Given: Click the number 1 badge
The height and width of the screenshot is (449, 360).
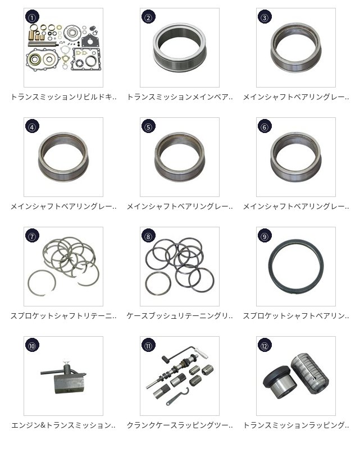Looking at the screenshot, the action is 32,17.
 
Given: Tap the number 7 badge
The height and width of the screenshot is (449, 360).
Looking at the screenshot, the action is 32,236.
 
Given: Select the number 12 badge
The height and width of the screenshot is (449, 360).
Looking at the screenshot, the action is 265,346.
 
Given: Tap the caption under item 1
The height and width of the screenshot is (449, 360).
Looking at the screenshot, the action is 63,97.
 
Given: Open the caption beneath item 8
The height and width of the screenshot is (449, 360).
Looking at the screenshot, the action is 180,316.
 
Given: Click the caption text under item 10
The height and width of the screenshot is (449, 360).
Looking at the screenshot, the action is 63,425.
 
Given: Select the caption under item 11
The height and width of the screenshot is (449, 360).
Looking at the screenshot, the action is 180,425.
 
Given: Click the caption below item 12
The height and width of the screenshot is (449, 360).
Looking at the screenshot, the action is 296,425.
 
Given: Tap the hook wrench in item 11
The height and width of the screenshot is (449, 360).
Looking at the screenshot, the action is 178,397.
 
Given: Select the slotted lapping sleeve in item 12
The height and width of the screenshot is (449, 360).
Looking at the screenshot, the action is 309,373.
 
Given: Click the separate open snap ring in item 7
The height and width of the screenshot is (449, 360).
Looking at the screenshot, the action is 42,283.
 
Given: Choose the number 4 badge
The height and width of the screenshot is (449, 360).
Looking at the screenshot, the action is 32,127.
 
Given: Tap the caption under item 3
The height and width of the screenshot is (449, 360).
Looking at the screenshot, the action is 296,97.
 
